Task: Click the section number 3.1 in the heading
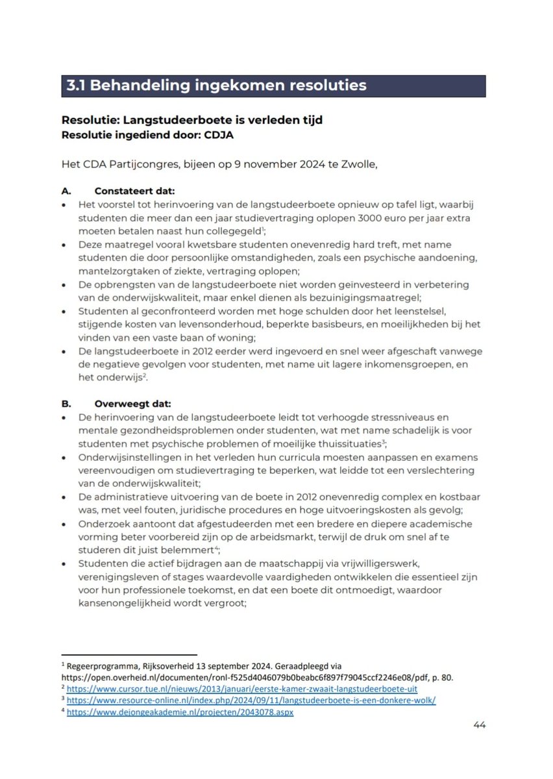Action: pos(78,86)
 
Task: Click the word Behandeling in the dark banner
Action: pos(138,86)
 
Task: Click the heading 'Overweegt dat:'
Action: pos(130,402)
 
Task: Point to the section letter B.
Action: pos(65,402)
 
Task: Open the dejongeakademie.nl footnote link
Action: pos(180,712)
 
